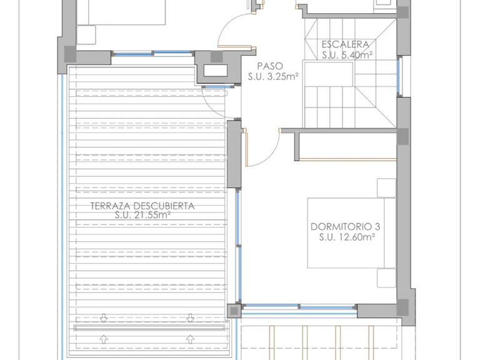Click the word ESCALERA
pos(345,45)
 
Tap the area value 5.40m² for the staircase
pos(355,55)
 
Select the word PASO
pos(270,66)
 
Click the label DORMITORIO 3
pos(345,227)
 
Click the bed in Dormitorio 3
pos(351,233)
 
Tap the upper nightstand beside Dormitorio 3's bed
pos(387,188)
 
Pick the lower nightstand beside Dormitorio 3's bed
pos(387,278)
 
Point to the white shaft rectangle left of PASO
pos(216,71)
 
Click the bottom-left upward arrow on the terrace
pos(104,339)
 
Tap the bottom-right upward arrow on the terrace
pos(191,339)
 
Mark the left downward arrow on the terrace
pos(104,317)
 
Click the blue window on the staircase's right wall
pos(398,76)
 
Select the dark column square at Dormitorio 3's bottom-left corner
pos(234,311)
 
